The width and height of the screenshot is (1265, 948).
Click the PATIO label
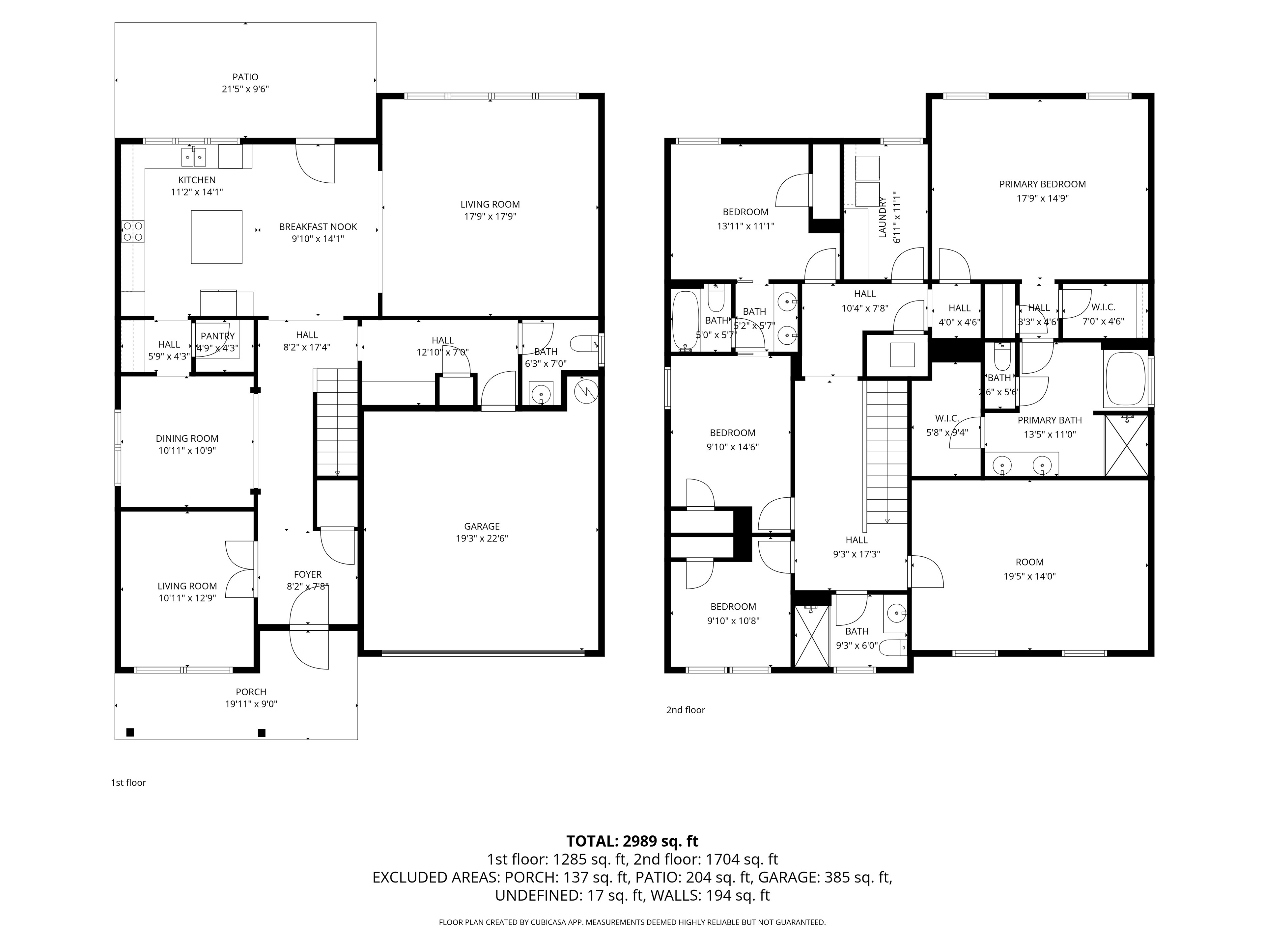(245, 77)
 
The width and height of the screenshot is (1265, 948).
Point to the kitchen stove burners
(133, 231)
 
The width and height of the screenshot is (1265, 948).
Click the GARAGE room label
(482, 526)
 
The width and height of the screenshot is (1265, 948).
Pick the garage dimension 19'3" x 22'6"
(482, 538)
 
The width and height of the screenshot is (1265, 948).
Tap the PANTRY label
(218, 336)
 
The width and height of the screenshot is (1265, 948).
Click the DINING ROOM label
(187, 439)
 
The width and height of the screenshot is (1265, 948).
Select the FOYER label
(308, 574)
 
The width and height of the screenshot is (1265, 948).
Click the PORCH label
(251, 692)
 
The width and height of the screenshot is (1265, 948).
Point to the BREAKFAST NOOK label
(318, 227)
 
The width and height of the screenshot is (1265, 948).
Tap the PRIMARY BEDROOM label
(1043, 184)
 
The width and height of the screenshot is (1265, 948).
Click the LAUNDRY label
(883, 217)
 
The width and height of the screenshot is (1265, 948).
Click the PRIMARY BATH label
(1050, 420)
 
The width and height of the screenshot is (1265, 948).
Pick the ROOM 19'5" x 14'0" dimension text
(1029, 577)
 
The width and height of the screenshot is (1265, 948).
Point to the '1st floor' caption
(129, 783)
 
